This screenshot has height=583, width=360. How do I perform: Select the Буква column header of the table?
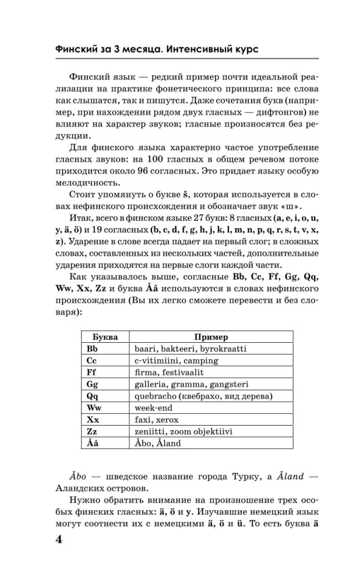tap(105, 337)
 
